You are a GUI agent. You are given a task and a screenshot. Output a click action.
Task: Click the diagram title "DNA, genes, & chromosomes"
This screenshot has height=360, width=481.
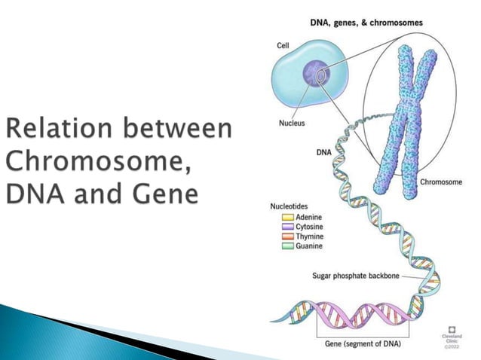[x=366, y=23]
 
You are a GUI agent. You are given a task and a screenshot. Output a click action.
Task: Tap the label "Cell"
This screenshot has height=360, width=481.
[x=283, y=46]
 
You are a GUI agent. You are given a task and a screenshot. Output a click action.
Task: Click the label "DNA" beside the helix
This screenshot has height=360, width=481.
[x=323, y=152]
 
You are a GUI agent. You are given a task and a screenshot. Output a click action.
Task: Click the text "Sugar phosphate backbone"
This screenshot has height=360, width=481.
[x=355, y=276]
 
